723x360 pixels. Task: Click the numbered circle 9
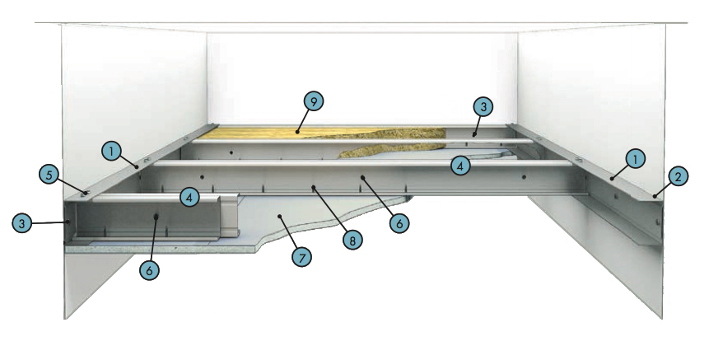[x=314, y=102]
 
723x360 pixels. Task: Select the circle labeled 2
[x=678, y=176]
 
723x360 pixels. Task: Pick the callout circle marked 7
[x=302, y=258]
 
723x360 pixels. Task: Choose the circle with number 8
[x=352, y=239]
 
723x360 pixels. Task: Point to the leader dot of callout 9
[x=297, y=133]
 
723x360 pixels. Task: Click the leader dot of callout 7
[x=278, y=216]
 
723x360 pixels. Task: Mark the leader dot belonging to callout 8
[x=313, y=187]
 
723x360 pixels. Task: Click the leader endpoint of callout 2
[x=655, y=196]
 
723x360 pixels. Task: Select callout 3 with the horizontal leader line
[x=21, y=223]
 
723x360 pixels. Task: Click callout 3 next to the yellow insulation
[x=483, y=106]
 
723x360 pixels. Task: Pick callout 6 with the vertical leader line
[x=149, y=270]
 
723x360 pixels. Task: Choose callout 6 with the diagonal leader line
[x=399, y=223]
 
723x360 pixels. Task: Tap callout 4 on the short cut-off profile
[x=189, y=198]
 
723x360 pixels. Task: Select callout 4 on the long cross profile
[x=460, y=166]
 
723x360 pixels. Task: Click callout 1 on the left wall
[x=111, y=152]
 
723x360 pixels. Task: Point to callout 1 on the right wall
[x=637, y=159]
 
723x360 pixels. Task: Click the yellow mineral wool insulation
[x=323, y=133]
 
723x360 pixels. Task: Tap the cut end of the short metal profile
[x=230, y=215]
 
